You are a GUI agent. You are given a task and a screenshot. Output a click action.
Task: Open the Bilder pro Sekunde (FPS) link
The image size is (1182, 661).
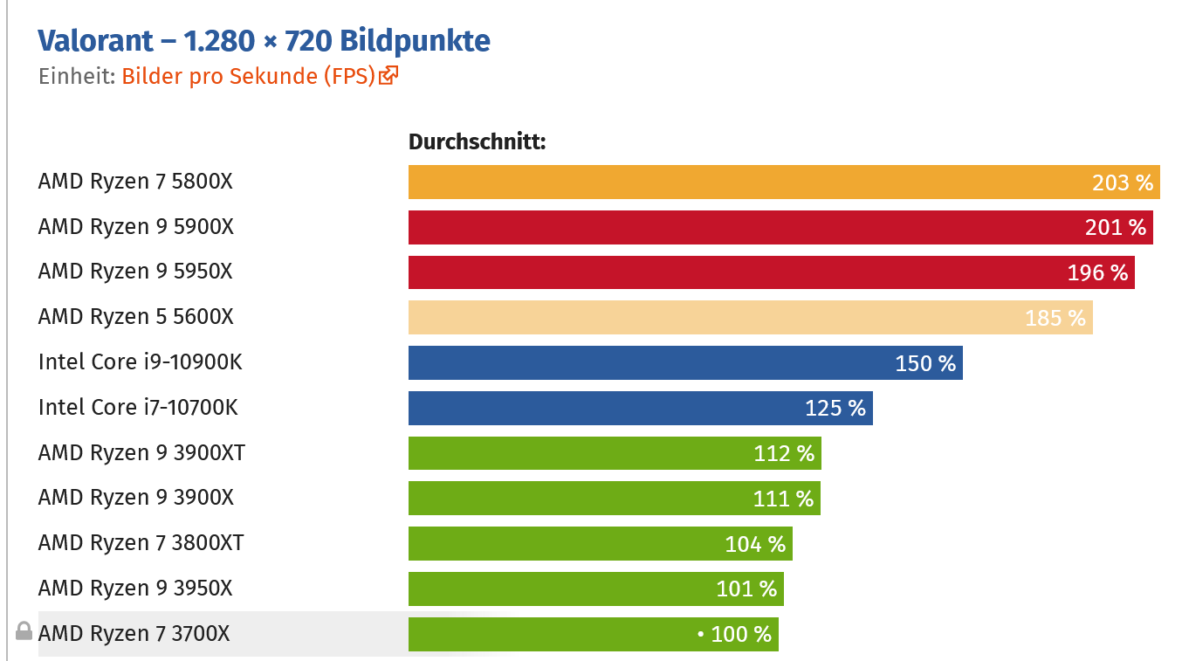[248, 76]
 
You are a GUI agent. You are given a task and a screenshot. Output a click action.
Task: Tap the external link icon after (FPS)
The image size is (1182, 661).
[389, 76]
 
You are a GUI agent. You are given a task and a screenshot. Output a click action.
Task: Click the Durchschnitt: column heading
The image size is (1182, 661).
[477, 141]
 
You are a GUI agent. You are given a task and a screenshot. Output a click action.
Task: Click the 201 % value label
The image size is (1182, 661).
[1115, 228]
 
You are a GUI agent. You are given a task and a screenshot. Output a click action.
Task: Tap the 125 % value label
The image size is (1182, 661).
[835, 408]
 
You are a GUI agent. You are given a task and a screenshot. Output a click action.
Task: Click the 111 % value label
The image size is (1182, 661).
[783, 499]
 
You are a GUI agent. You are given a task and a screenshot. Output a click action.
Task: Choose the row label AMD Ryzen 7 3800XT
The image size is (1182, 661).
[141, 543]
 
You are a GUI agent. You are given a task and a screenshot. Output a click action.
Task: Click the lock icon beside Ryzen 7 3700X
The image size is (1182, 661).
[24, 631]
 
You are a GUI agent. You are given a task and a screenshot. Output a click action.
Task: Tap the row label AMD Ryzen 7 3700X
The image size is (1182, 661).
[134, 634]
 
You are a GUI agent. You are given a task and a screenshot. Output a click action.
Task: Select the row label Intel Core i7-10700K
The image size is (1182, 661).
[138, 408]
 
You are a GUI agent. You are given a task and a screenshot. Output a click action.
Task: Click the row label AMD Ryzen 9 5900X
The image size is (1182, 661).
[136, 227]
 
